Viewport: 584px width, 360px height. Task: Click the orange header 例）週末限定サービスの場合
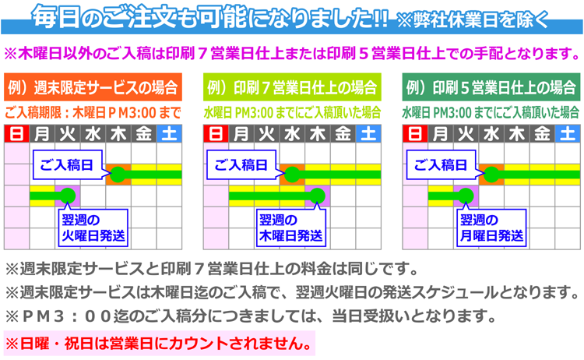click(x=93, y=87)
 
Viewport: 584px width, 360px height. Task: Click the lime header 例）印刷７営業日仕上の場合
click(x=292, y=87)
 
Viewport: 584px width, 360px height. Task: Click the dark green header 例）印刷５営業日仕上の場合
click(x=491, y=87)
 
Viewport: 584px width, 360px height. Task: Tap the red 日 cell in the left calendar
click(x=17, y=134)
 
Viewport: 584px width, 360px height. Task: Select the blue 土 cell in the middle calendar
click(x=368, y=134)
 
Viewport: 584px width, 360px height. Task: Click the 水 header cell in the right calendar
click(x=491, y=134)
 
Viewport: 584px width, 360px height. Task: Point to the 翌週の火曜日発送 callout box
click(x=93, y=228)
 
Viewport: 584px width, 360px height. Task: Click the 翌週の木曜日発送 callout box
click(x=291, y=228)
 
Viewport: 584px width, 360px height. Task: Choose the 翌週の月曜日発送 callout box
click(x=491, y=228)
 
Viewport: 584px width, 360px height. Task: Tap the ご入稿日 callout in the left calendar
click(x=68, y=164)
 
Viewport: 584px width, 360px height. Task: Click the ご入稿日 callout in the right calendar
click(x=442, y=164)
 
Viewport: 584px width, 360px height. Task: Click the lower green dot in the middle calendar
click(x=318, y=196)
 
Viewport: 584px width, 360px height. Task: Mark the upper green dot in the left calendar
click(x=118, y=175)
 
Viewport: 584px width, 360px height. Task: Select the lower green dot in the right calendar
click(x=466, y=196)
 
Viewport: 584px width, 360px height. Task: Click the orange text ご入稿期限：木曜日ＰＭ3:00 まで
click(x=93, y=112)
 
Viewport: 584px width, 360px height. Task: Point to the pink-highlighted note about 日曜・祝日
click(x=160, y=343)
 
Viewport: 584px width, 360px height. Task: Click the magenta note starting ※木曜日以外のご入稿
click(x=292, y=54)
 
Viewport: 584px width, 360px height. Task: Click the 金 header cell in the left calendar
click(x=144, y=134)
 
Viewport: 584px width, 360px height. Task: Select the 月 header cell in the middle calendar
click(x=241, y=134)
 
